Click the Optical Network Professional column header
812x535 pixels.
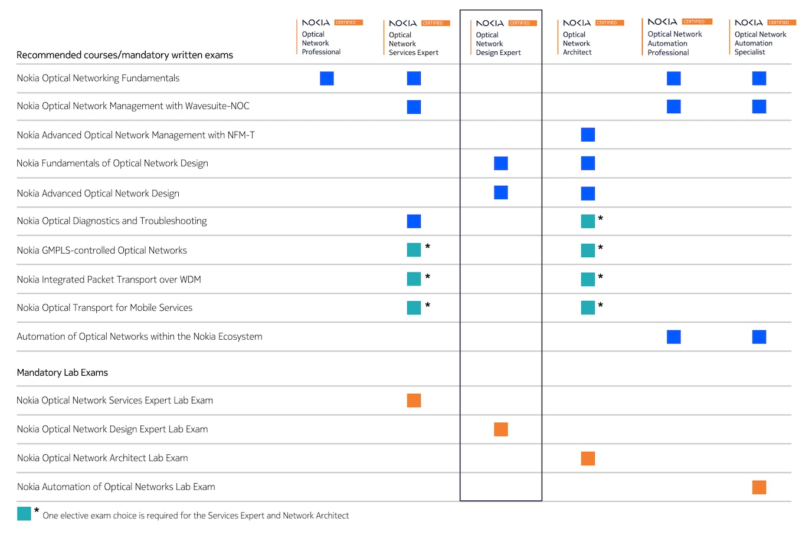[321, 43]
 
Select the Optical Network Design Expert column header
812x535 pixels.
[498, 44]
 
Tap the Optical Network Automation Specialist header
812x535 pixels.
[760, 43]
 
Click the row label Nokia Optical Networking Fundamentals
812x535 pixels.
[98, 78]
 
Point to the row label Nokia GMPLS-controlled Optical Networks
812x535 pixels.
[102, 250]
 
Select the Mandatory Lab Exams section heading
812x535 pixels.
[62, 372]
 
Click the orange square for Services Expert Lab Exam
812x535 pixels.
[414, 401]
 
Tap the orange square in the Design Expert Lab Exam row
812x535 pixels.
[500, 429]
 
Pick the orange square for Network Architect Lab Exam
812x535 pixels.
[588, 458]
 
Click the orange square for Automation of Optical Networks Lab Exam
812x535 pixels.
[759, 487]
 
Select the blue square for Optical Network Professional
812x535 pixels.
[327, 78]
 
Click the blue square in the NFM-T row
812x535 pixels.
[588, 135]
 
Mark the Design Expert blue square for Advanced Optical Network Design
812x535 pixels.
[500, 192]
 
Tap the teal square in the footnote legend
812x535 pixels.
[24, 514]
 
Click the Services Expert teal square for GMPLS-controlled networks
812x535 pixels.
[414, 250]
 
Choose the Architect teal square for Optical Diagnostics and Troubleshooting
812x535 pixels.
[588, 221]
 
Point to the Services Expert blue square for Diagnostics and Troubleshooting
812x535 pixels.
[414, 221]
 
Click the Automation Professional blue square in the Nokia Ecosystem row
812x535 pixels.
[673, 337]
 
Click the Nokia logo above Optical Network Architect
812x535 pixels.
[577, 23]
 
